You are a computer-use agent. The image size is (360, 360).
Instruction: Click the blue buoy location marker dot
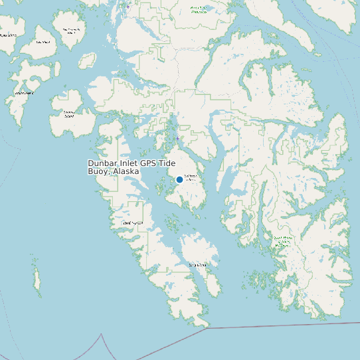pos(179,179)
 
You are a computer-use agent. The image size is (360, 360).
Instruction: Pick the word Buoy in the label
pos(98,171)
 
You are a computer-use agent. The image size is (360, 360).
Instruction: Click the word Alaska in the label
pos(126,171)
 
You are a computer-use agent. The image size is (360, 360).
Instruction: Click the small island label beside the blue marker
pos(190,178)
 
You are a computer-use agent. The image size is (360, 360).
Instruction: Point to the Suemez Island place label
pos(68,114)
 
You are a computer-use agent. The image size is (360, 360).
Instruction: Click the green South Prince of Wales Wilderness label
pos(283,240)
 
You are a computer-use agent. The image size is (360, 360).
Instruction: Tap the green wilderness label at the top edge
pos(198,9)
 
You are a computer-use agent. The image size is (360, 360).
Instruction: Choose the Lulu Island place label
pos(43,42)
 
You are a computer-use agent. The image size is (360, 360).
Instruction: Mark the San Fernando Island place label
pos(70,31)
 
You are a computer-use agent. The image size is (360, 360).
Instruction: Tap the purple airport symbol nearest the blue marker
pos(177,138)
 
